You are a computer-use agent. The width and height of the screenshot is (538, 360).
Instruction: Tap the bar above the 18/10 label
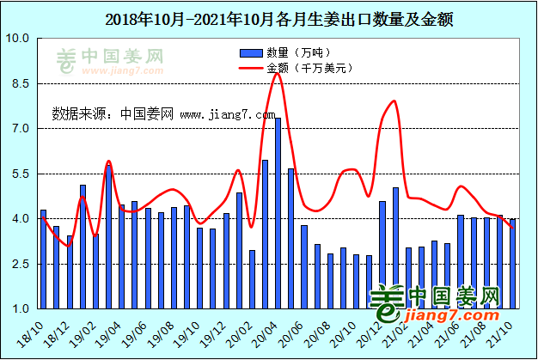point(43,259)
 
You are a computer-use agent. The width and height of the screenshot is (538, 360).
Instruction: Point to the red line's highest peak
point(277,74)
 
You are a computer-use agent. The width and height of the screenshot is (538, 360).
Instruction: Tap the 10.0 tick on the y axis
point(19,40)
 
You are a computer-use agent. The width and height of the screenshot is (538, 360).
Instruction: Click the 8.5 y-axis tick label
point(19,84)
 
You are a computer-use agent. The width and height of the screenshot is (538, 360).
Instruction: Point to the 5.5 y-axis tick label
point(19,174)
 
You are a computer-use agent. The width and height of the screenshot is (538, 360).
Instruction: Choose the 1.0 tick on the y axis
point(19,308)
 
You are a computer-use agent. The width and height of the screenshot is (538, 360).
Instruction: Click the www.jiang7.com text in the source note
point(227,113)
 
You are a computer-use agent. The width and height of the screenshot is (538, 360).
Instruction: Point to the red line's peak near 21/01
point(395,101)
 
